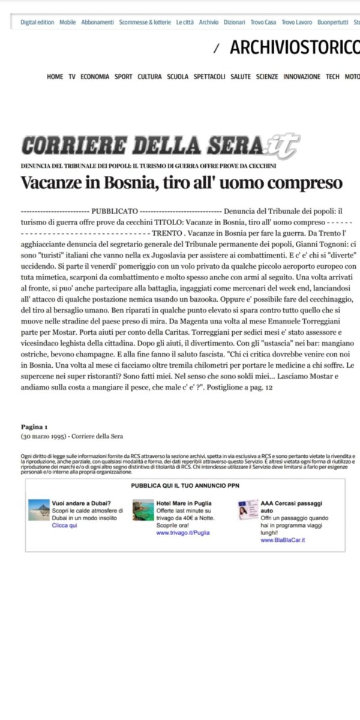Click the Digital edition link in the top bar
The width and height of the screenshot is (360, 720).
pyautogui.click(x=37, y=22)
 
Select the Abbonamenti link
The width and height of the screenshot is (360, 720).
pyautogui.click(x=97, y=22)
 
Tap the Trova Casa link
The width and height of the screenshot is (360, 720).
pyautogui.click(x=263, y=22)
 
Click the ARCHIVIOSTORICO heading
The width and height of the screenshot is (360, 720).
pyautogui.click(x=295, y=47)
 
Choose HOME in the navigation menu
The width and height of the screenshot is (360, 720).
pyautogui.click(x=55, y=77)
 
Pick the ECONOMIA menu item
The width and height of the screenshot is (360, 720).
pyautogui.click(x=95, y=77)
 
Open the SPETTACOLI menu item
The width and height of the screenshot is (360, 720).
pyautogui.click(x=209, y=77)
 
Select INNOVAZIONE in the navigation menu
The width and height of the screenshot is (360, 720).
pyautogui.click(x=302, y=77)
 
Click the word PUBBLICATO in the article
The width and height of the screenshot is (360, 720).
pyautogui.click(x=115, y=211)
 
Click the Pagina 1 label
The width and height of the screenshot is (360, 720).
pyautogui.click(x=34, y=427)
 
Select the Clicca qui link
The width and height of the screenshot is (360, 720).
pyautogui.click(x=65, y=525)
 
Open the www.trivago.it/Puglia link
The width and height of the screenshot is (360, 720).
pyautogui.click(x=183, y=532)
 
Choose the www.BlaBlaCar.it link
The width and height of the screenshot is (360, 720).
pyautogui.click(x=283, y=540)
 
